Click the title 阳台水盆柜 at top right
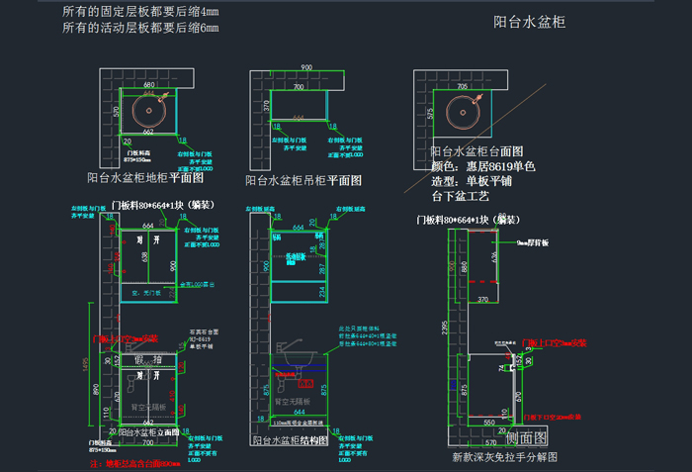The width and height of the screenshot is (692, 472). click(529, 22)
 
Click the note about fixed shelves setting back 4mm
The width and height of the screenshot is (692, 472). click(140, 11)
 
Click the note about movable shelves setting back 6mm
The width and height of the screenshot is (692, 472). click(140, 28)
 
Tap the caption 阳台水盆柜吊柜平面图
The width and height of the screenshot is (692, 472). click(303, 181)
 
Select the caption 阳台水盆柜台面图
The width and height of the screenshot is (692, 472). click(476, 151)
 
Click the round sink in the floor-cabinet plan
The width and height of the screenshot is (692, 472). click(148, 108)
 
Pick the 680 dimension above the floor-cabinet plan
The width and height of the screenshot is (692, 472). click(148, 85)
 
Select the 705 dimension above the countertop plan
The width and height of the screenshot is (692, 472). click(463, 86)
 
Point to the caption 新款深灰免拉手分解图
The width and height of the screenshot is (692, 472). click(505, 457)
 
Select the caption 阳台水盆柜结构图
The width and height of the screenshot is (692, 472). click(291, 440)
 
